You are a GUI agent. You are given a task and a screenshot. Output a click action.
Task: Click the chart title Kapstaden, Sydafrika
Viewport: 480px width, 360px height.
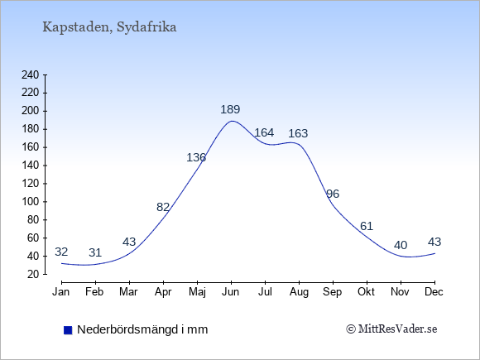(x=109, y=27)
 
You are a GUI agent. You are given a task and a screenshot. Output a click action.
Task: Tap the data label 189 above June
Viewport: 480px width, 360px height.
(x=230, y=109)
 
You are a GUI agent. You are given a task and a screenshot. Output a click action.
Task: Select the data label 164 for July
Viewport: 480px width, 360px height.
(x=264, y=132)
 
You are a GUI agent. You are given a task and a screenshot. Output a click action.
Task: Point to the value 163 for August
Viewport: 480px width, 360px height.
(x=298, y=133)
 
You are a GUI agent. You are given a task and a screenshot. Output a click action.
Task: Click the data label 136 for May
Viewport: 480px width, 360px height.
(x=196, y=157)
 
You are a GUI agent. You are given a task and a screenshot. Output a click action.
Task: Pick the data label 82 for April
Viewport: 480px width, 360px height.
(x=163, y=207)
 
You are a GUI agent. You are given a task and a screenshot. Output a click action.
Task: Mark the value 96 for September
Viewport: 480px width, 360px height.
(x=333, y=194)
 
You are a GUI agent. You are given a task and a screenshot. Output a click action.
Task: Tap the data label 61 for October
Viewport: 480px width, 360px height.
(x=367, y=226)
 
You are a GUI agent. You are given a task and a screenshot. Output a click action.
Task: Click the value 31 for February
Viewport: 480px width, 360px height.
(x=95, y=252)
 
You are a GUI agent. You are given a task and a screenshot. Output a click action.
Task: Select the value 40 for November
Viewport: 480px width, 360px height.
(x=401, y=245)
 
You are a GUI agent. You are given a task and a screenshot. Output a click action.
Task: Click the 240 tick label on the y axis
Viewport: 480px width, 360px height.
(x=31, y=74)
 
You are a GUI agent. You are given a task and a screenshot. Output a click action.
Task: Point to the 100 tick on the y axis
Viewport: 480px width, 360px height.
(x=31, y=202)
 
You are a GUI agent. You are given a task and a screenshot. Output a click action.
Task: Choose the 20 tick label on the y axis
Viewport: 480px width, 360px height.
(x=33, y=274)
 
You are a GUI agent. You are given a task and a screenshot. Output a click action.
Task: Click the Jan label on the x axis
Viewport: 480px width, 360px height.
(x=61, y=292)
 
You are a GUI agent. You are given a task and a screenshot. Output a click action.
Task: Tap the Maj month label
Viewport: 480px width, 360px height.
(x=197, y=292)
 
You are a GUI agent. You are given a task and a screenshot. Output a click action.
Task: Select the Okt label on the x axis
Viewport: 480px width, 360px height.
(x=366, y=292)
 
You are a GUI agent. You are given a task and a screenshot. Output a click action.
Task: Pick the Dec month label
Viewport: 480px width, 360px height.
(x=434, y=292)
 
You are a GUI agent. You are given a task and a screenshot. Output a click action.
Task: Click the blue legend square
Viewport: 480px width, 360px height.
(x=68, y=330)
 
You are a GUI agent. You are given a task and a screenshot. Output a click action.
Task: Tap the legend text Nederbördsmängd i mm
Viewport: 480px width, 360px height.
(x=142, y=329)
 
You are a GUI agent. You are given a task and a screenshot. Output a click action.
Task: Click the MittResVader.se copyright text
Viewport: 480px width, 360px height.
(x=391, y=329)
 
